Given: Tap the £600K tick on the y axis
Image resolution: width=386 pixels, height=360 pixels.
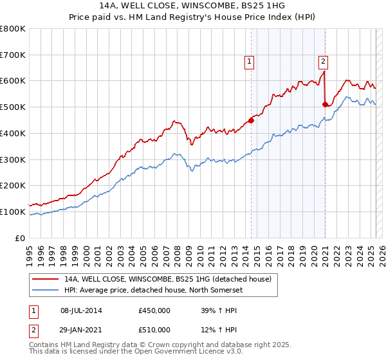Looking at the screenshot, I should (x=12, y=81).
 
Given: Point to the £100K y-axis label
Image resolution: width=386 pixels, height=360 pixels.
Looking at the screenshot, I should (x=12, y=212).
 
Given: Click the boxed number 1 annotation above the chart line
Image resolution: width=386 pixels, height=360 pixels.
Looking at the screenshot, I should (x=248, y=62).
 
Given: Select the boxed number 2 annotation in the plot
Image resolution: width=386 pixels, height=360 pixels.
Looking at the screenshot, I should (x=323, y=62).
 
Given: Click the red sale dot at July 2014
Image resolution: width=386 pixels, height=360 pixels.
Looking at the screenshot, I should (x=251, y=120).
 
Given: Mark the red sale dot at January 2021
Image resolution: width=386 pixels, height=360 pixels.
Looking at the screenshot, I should (x=326, y=104).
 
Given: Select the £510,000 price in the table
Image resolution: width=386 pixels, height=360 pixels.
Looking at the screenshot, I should (x=154, y=329).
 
